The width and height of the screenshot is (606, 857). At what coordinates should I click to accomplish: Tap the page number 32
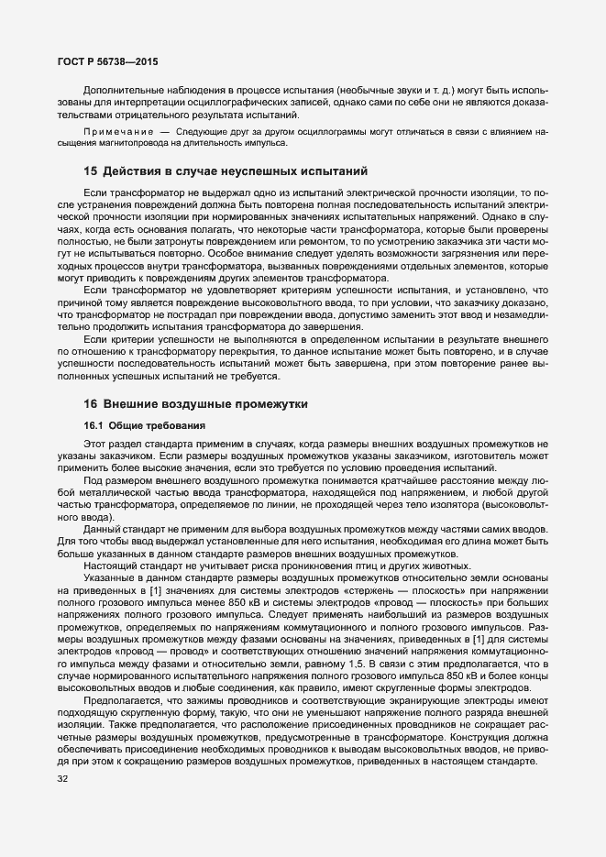click(x=62, y=780)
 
